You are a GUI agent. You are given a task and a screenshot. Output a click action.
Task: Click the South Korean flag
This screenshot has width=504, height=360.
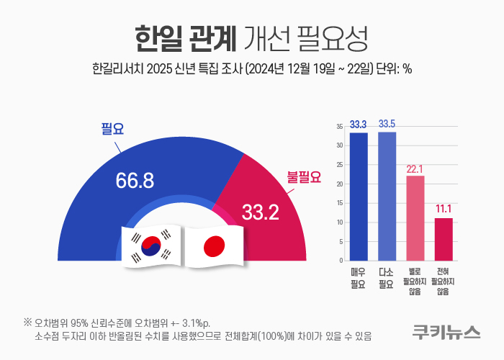(151, 246)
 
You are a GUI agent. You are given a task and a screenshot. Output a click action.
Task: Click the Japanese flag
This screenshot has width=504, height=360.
(214, 246)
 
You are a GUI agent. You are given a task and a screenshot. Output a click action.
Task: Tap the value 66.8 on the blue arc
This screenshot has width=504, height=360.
(135, 180)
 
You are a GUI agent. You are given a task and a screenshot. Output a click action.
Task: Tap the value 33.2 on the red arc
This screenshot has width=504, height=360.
(261, 212)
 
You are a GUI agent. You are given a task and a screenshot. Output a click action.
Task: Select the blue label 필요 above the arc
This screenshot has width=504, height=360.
(112, 129)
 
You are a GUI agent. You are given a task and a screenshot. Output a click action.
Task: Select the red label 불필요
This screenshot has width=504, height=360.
(304, 177)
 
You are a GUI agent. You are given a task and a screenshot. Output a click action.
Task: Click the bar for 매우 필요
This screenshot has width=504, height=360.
(359, 197)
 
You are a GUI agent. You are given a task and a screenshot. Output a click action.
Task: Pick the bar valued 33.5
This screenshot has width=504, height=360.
(387, 197)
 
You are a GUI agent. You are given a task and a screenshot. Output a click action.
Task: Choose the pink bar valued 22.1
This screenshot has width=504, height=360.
(415, 218)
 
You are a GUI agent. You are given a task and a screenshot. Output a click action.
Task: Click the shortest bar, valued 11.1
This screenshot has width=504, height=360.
(444, 240)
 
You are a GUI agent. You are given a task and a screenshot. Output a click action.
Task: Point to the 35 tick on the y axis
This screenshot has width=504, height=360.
(340, 127)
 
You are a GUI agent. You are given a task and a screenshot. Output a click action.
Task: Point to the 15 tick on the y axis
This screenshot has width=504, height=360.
(340, 203)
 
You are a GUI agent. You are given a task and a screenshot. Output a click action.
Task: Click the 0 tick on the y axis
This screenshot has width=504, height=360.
(341, 261)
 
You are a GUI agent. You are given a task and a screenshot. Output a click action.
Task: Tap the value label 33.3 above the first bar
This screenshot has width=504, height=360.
(359, 125)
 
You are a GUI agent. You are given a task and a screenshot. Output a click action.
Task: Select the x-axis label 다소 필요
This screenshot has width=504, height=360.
(386, 278)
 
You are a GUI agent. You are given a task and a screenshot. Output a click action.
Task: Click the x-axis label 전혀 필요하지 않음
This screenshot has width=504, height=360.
(443, 282)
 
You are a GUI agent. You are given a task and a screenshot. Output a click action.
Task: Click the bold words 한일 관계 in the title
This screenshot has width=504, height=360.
(186, 39)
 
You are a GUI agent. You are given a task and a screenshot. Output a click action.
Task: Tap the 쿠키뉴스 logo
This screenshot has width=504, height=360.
(446, 332)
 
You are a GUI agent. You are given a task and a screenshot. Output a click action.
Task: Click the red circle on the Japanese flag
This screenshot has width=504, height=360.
(214, 246)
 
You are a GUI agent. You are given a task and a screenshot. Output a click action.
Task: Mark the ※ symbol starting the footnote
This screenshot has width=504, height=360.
(27, 322)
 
